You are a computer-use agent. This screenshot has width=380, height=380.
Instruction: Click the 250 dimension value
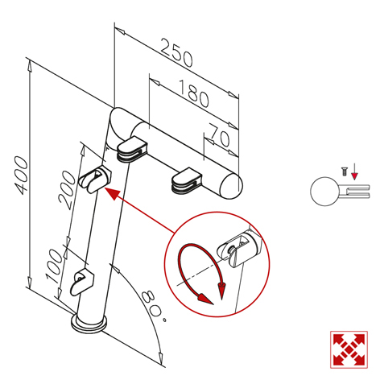coord(176,53)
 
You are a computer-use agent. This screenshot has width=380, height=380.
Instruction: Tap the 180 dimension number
coord(194,93)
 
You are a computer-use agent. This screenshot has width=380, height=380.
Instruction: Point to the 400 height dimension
coord(22,176)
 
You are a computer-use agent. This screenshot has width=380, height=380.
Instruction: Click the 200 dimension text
coord(66,190)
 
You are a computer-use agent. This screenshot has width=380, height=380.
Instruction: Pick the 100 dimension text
coord(54,266)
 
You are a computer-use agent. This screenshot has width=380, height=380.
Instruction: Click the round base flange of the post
coord(89,324)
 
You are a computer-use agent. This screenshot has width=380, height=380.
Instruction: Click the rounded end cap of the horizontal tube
coord(231,186)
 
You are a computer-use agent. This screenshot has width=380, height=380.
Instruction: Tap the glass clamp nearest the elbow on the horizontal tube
coord(132,150)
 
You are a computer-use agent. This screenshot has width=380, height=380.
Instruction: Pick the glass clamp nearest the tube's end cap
coord(187,180)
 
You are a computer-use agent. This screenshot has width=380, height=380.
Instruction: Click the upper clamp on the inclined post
coord(95,179)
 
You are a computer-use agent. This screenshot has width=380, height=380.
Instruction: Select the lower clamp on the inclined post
coord(81,283)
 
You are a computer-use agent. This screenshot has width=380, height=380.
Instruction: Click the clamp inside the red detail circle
coord(239,248)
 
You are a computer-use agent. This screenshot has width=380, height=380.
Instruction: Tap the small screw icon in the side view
coord(344,171)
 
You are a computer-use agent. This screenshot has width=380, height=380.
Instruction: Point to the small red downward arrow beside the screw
coord(354,171)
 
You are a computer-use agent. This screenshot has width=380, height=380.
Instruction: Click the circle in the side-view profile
coord(324,191)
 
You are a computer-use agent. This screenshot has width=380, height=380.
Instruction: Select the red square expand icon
coord(349,349)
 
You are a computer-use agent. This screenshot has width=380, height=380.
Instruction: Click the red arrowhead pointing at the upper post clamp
coord(112,193)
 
